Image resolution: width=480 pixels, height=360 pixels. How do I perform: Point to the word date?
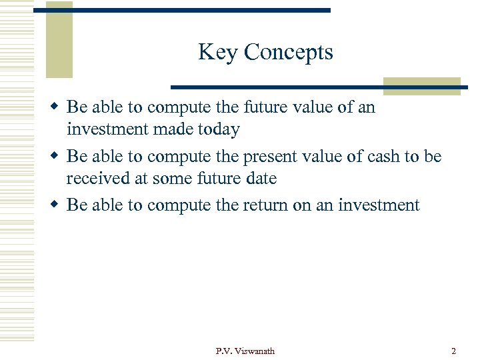click(x=261, y=179)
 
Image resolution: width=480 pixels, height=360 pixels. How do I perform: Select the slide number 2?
click(x=453, y=351)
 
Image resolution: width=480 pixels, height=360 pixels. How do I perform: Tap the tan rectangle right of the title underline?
click(x=421, y=86)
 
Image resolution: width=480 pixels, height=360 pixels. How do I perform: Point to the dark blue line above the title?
click(x=181, y=11)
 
